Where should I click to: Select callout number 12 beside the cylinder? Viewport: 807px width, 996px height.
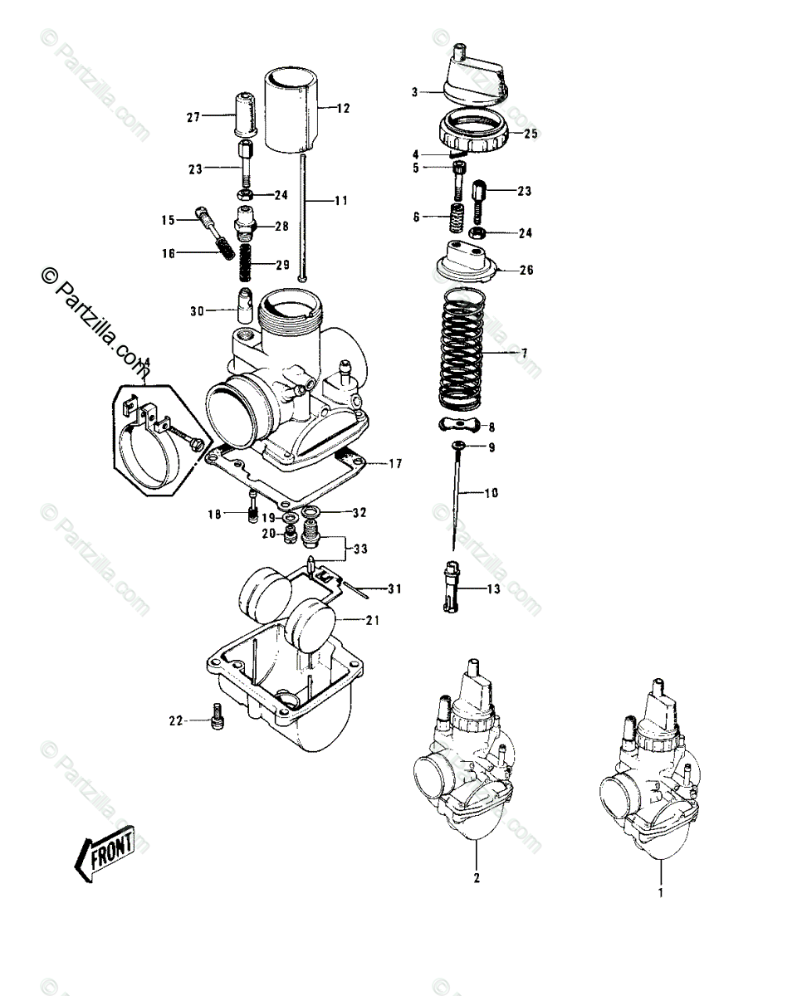tap(343, 108)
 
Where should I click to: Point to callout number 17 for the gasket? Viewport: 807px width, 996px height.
tap(394, 463)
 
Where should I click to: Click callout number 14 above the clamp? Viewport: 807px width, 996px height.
tap(144, 362)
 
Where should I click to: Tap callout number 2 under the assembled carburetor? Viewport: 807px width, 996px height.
tap(477, 877)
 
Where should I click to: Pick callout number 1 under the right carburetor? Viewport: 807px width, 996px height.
tap(662, 895)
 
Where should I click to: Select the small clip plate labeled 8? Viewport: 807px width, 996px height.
tap(459, 427)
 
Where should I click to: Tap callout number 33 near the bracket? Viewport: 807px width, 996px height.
tap(359, 549)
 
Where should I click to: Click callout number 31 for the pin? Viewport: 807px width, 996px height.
tap(394, 589)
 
